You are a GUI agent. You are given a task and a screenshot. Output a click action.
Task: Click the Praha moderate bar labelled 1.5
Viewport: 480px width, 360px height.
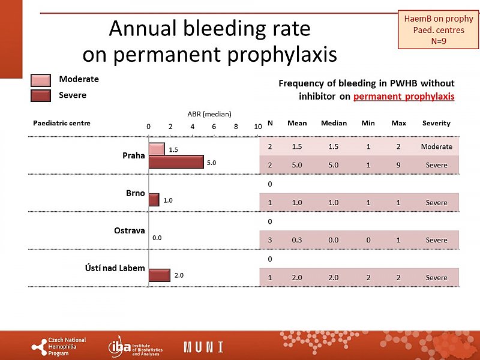[x=157, y=149]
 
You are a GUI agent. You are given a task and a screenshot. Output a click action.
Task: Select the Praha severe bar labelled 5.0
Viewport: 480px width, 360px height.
[x=176, y=162]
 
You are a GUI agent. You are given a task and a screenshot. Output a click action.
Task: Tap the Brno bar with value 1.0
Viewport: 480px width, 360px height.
[x=154, y=200]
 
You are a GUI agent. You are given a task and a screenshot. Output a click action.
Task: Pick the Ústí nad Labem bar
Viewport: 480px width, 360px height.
[x=160, y=275]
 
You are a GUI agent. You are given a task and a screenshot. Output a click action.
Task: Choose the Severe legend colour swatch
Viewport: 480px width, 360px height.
[x=41, y=95]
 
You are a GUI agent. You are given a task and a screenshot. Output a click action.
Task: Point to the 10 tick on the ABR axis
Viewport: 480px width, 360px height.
[x=257, y=127]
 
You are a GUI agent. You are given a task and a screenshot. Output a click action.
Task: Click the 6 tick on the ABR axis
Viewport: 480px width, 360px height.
[x=214, y=127]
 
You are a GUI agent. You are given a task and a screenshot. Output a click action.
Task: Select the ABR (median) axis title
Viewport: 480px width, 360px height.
[x=209, y=114]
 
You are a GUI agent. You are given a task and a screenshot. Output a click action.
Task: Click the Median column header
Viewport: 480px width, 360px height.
[x=334, y=123]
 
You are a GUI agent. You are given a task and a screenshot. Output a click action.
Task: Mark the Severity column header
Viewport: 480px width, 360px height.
[x=436, y=123]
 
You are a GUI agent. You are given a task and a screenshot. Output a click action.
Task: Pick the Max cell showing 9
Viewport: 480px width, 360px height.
[x=398, y=165]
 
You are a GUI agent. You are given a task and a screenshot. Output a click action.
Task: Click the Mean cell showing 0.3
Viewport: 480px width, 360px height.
[x=296, y=240]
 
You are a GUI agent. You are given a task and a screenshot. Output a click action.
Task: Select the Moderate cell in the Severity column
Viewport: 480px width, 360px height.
[x=436, y=146]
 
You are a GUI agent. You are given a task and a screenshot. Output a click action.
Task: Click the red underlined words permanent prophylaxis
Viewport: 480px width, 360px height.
[x=404, y=96]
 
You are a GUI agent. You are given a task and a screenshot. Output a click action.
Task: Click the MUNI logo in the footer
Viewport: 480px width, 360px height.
[x=203, y=347]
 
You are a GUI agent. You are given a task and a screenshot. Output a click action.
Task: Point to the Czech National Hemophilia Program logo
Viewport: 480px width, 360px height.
[x=59, y=347]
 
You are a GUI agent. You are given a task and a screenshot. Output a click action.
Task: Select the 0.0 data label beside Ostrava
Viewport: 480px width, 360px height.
[x=157, y=238]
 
